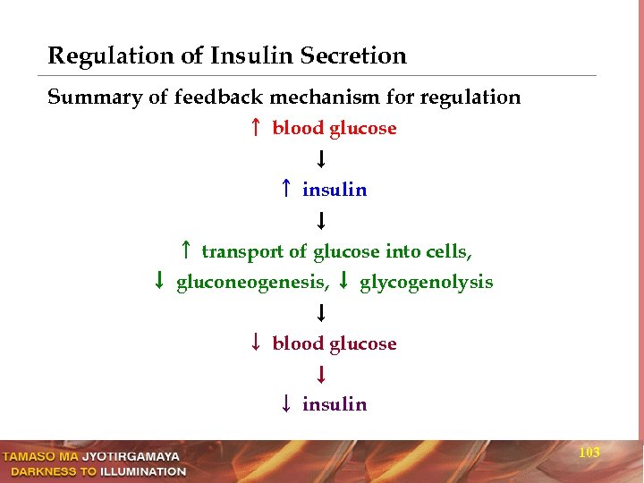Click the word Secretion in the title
[353, 56]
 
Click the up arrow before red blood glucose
[255, 128]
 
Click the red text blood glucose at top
[335, 128]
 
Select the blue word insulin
[335, 190]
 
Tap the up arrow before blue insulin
[284, 190]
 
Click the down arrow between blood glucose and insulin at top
[319, 159]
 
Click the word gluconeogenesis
[253, 283]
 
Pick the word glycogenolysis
[426, 283]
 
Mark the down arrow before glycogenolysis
[344, 283]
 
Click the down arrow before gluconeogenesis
[158, 283]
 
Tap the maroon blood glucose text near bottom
[335, 343]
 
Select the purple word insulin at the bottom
[335, 404]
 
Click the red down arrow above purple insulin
[319, 374]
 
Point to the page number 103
[589, 453]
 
